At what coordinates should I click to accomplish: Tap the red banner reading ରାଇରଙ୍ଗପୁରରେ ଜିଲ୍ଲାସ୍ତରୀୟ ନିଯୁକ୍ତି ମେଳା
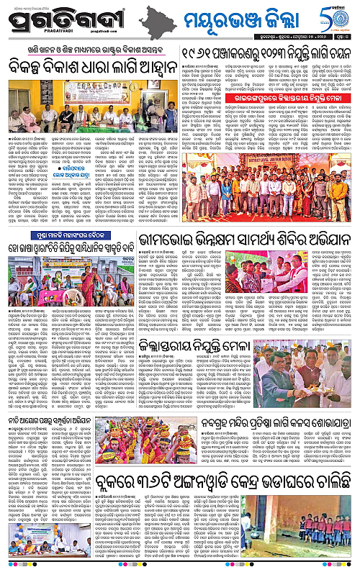(273, 96)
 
